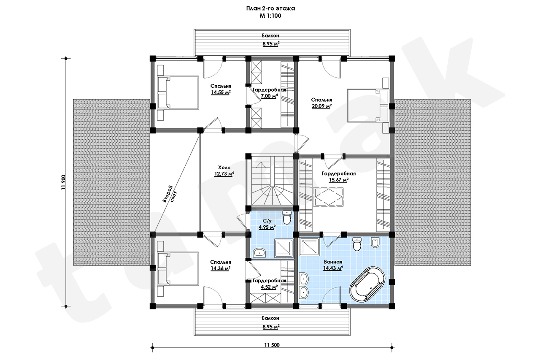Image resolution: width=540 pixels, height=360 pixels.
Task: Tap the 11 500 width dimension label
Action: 272,345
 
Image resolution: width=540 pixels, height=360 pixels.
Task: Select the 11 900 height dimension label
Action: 63,182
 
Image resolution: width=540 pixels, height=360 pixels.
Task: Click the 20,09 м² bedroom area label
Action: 321,106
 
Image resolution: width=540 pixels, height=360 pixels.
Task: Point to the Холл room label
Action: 224,168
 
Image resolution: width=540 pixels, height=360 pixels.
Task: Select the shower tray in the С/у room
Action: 284,248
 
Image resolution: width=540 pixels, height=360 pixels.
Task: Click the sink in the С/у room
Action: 259,252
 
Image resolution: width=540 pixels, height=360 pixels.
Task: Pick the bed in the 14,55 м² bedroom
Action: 178,92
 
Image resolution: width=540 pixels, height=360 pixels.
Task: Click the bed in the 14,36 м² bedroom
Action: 178,269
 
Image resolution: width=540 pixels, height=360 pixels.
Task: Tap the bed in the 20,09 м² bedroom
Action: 368,106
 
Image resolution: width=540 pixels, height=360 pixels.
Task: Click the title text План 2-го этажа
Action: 270,9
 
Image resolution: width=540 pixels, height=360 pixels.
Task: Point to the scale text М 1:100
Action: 270,16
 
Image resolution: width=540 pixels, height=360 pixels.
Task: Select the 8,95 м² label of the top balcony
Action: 271,44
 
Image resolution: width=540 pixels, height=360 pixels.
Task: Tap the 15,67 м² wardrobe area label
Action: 339,180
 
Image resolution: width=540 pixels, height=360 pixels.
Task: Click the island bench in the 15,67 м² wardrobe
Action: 328,197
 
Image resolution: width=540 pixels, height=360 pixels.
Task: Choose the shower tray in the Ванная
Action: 310,246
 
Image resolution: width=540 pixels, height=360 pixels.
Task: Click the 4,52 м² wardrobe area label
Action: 269,287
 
